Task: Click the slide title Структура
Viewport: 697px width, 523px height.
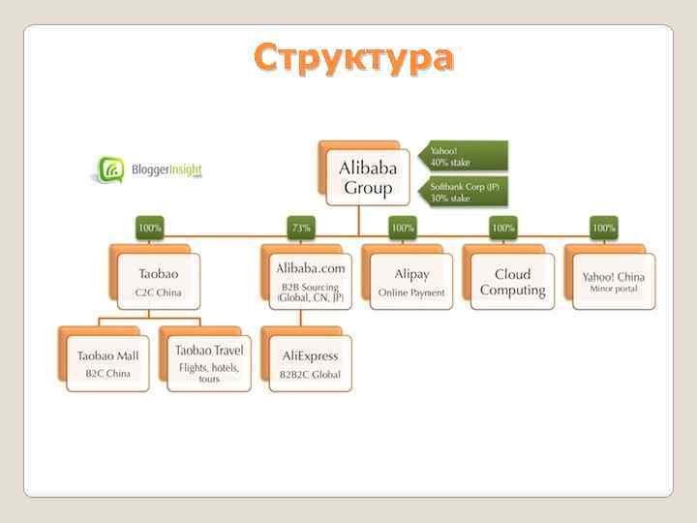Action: point(352,58)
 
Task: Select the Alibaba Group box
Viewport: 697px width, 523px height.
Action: point(367,178)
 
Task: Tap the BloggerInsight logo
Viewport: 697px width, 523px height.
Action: point(149,170)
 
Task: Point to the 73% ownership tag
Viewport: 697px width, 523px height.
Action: point(301,229)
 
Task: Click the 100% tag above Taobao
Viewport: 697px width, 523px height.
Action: point(150,229)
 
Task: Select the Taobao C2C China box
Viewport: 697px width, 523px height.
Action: point(158,282)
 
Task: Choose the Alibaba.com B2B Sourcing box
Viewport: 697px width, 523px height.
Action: point(310,282)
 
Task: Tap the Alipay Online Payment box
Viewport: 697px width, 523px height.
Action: point(411,282)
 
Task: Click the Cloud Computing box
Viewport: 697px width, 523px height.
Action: point(513,282)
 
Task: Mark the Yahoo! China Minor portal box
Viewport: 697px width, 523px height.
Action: point(614,282)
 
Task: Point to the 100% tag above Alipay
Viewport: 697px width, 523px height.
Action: point(403,229)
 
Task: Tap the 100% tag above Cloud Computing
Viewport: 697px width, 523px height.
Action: point(503,229)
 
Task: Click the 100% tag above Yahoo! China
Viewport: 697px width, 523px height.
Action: point(604,229)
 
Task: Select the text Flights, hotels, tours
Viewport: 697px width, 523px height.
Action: point(208,373)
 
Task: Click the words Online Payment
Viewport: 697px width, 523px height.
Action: point(411,292)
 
